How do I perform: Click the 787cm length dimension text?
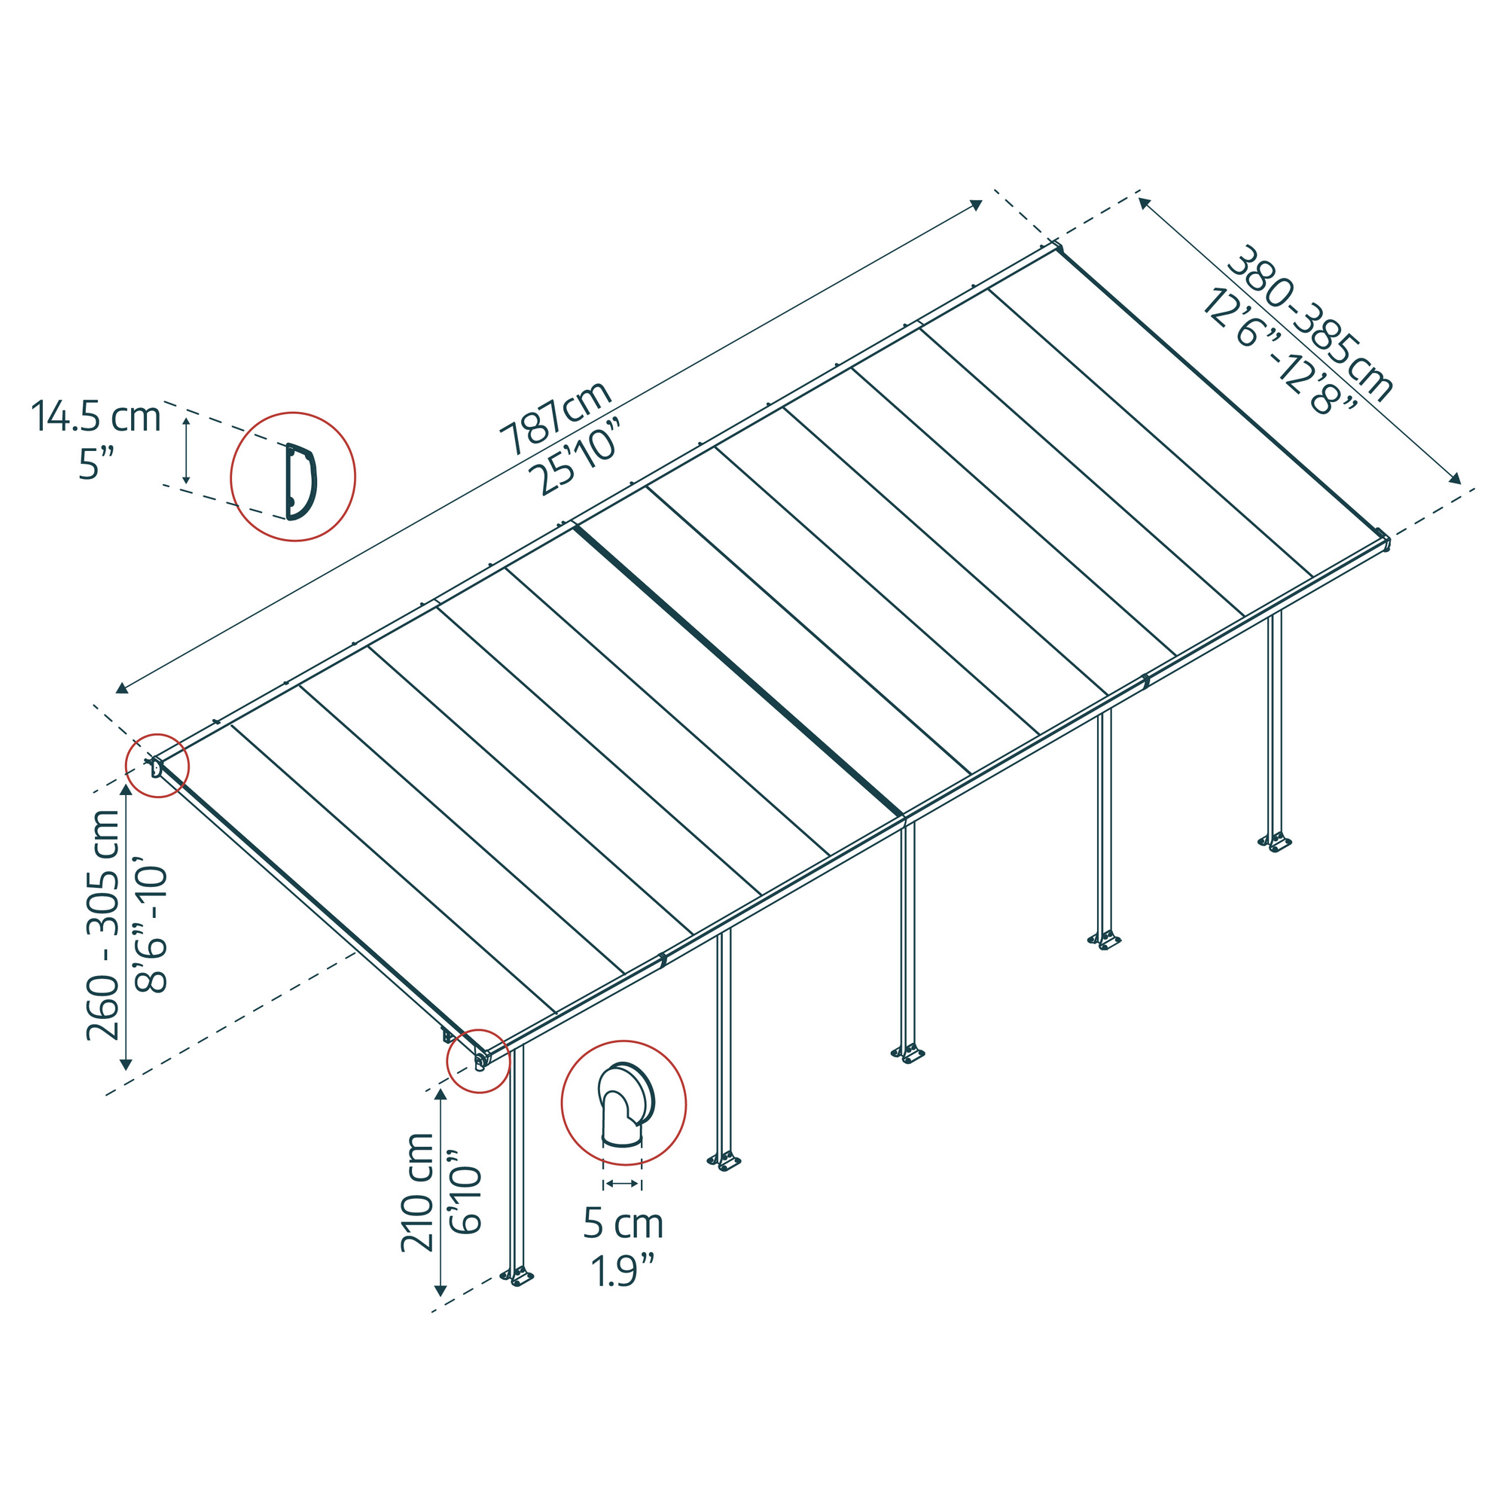[x=555, y=418]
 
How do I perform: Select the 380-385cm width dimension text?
[x=1307, y=325]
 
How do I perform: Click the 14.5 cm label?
[x=96, y=418]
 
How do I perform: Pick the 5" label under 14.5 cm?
[x=96, y=465]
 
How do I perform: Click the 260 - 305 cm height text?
[x=103, y=925]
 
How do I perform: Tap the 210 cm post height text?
[x=417, y=1192]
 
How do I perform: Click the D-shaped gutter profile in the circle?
[x=300, y=480]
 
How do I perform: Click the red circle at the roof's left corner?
[x=157, y=766]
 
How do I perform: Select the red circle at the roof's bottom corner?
[x=478, y=1060]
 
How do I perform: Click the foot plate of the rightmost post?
[x=1276, y=843]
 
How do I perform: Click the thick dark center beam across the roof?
[x=737, y=670]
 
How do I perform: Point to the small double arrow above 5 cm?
[x=622, y=1184]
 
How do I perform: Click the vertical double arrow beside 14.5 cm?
[x=185, y=450]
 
